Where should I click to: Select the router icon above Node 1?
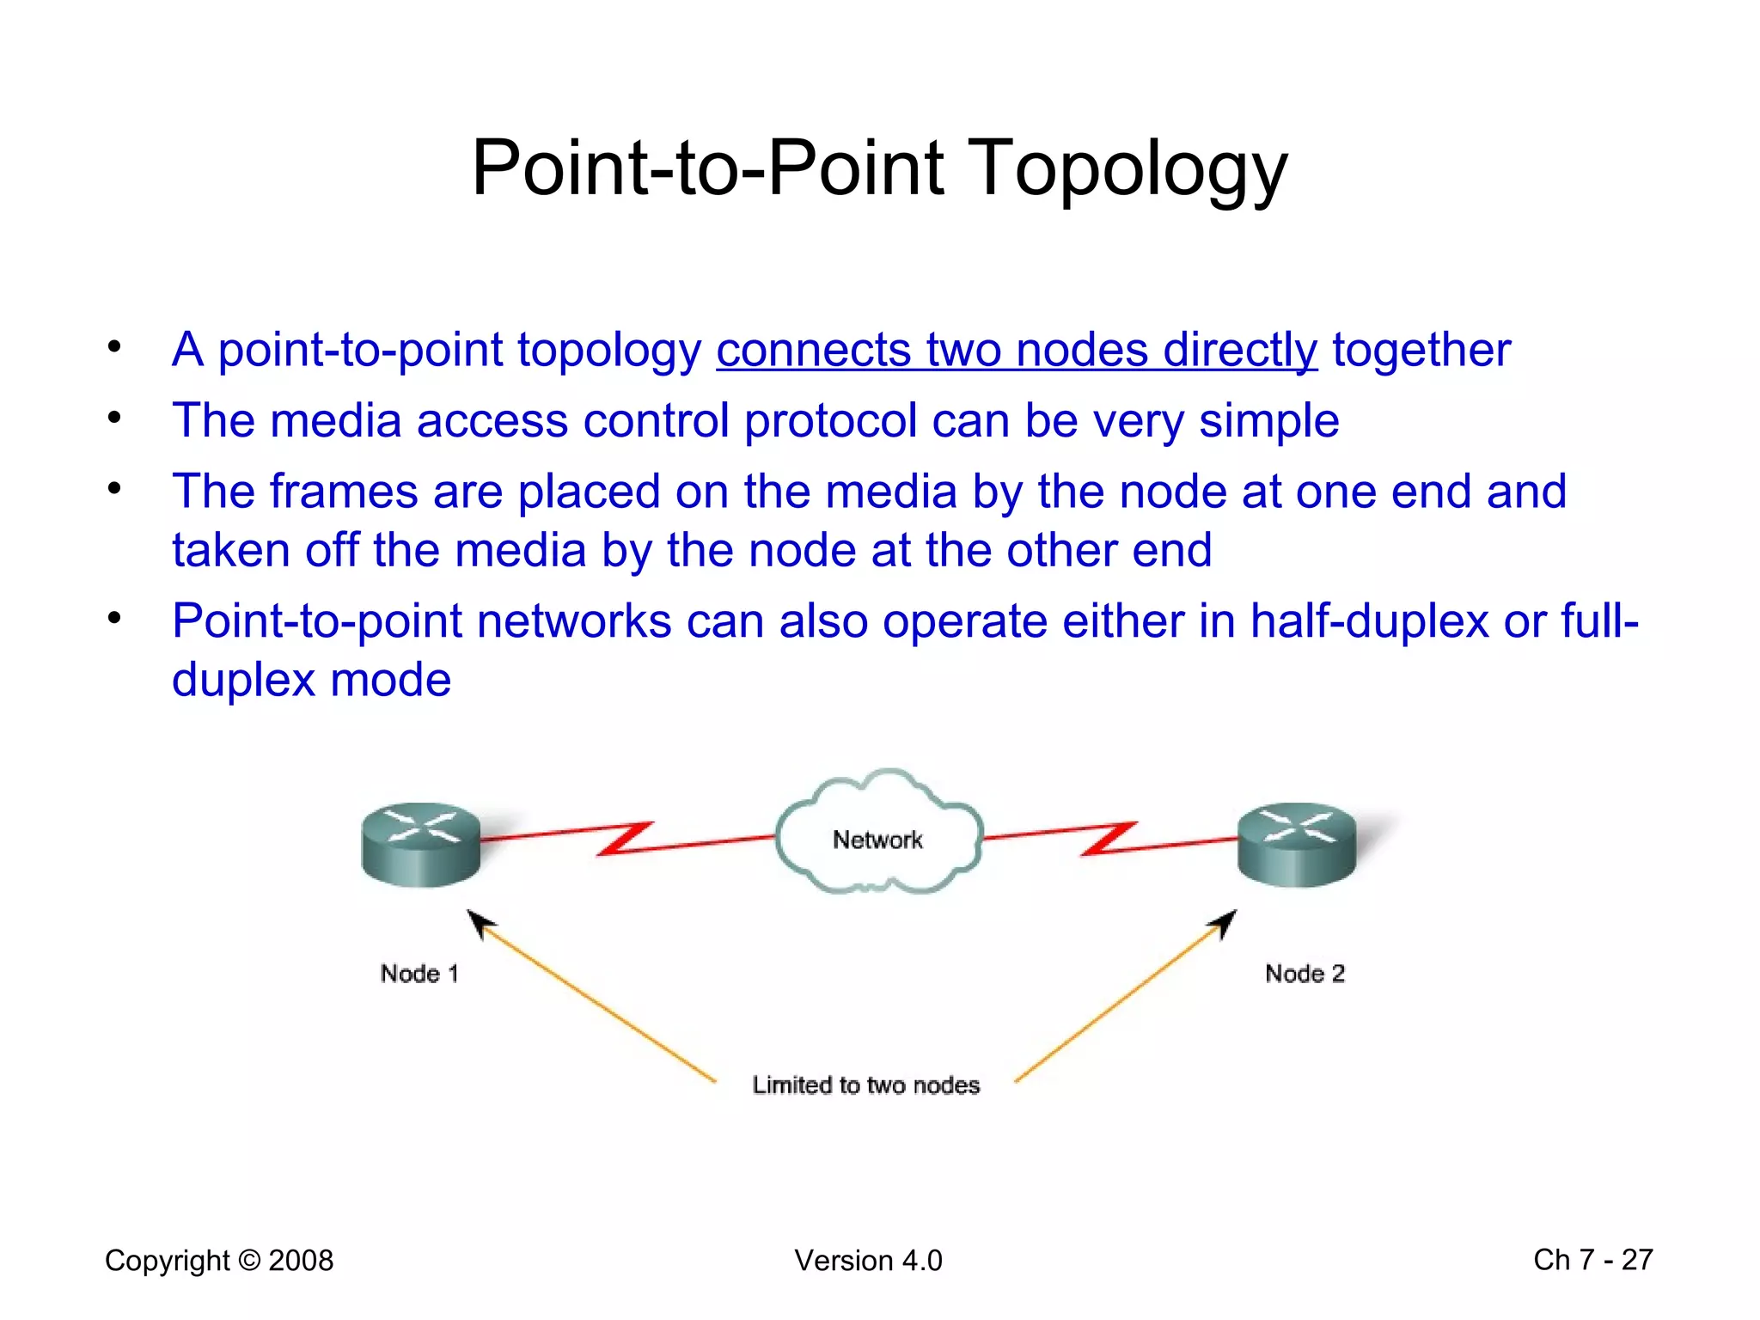[420, 846]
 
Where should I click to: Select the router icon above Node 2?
[1297, 844]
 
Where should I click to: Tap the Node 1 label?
[419, 974]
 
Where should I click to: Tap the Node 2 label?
[1305, 974]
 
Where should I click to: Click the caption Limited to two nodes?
[865, 1085]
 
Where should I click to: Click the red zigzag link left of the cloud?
[626, 839]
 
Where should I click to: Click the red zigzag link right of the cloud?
[1109, 839]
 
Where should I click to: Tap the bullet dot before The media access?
[114, 419]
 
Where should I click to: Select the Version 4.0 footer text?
[868, 1260]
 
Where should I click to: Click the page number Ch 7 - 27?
[1592, 1260]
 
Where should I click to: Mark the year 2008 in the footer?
[301, 1260]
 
